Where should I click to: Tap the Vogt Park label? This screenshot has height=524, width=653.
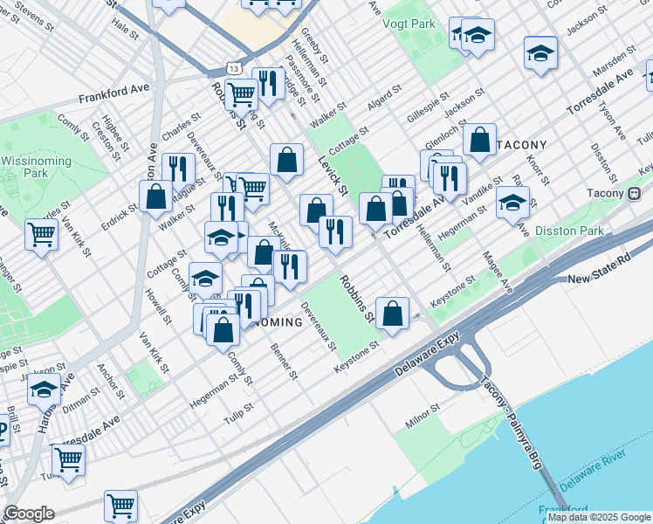click(409, 24)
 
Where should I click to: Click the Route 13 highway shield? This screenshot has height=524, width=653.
click(233, 67)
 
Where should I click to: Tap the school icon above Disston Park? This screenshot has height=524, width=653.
click(512, 203)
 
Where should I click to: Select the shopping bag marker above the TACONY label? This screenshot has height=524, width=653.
click(479, 139)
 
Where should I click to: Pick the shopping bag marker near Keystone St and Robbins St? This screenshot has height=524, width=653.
click(393, 313)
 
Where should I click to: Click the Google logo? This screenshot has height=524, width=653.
click(29, 514)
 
